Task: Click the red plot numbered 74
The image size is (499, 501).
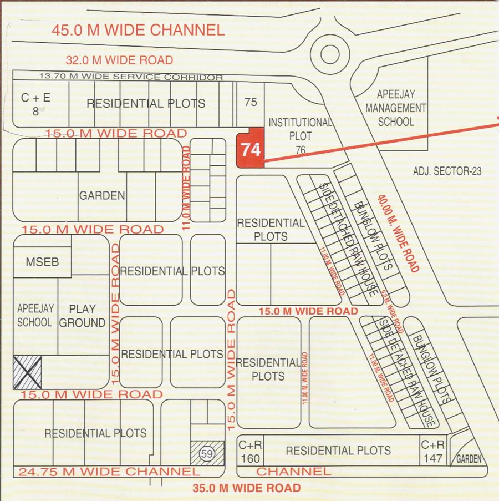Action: point(249,149)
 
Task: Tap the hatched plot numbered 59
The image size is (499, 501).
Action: point(207,453)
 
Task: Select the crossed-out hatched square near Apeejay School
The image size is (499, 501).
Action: point(27,372)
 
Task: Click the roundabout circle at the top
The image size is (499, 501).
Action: point(328,54)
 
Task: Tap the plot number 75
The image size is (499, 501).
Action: point(251,102)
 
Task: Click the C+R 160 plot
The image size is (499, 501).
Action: point(249,452)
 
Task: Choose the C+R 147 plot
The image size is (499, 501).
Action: point(432,451)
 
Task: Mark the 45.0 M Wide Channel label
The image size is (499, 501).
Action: point(138,30)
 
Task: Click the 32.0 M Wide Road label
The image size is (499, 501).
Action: point(119,60)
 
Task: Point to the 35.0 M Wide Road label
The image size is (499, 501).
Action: point(247,488)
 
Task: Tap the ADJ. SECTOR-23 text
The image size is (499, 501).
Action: point(447,171)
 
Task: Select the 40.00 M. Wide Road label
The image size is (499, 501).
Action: point(398,233)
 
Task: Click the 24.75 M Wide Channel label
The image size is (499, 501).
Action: point(109,472)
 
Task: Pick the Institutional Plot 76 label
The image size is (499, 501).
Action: point(301,135)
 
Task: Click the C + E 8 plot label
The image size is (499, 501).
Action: point(35,104)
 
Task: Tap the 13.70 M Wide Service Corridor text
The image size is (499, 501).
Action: point(131,77)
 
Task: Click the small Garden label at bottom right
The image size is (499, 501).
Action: point(469,459)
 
